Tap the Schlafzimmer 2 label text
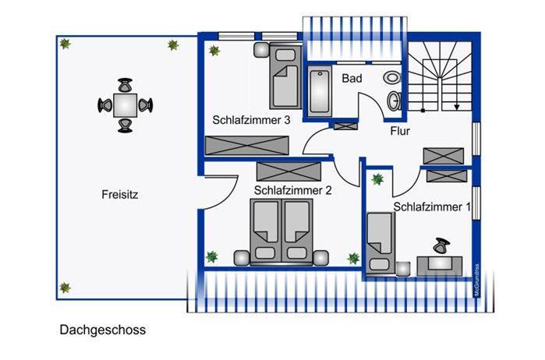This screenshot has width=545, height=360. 293,189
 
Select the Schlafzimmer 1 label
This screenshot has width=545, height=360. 432,207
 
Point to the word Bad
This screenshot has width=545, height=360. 352,78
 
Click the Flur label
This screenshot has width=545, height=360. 400,132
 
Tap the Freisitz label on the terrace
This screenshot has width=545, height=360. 119,194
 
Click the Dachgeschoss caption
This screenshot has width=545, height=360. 102,330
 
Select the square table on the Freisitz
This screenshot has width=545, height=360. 125,104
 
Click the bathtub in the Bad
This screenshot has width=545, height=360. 320,93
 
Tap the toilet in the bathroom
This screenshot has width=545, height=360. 392,77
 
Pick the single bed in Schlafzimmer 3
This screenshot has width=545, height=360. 285,76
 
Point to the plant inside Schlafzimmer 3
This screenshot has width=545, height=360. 214,51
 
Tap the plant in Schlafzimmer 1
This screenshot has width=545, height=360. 377,179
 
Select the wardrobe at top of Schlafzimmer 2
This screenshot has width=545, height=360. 288,170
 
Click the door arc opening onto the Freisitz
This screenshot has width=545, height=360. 214,192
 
